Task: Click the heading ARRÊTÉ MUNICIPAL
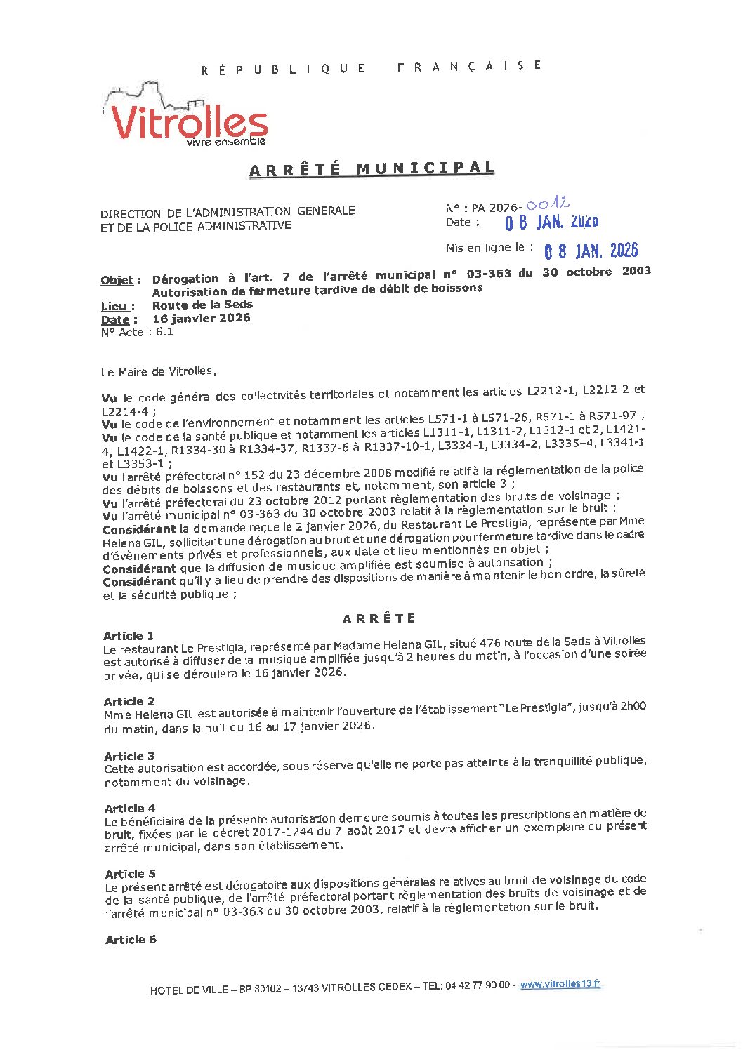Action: pyautogui.click(x=371, y=169)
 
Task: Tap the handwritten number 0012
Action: pyautogui.click(x=547, y=205)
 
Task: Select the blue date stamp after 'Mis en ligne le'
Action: pyautogui.click(x=591, y=251)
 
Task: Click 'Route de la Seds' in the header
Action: pyautogui.click(x=202, y=305)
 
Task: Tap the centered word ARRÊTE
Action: pyautogui.click(x=379, y=618)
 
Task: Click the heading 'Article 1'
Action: pyautogui.click(x=128, y=636)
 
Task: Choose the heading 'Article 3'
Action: pyautogui.click(x=129, y=756)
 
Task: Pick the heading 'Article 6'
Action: pyautogui.click(x=131, y=939)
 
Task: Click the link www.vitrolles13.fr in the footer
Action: pyautogui.click(x=560, y=984)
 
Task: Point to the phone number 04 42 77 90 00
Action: pyautogui.click(x=477, y=985)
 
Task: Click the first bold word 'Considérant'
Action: pyautogui.click(x=139, y=530)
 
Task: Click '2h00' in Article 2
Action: pyautogui.click(x=632, y=707)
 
